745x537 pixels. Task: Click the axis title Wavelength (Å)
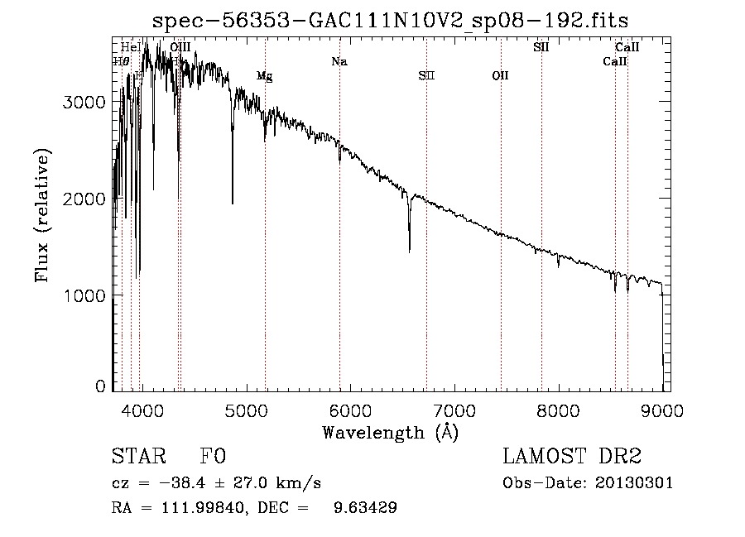[390, 432]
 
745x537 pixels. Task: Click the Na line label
[339, 61]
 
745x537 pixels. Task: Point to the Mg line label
[264, 76]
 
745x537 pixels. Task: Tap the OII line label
[500, 76]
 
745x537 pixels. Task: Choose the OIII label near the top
[180, 47]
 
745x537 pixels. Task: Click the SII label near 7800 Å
[541, 47]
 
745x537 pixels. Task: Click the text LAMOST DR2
[572, 456]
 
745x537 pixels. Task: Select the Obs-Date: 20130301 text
[588, 482]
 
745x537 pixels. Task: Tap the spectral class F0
[213, 456]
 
